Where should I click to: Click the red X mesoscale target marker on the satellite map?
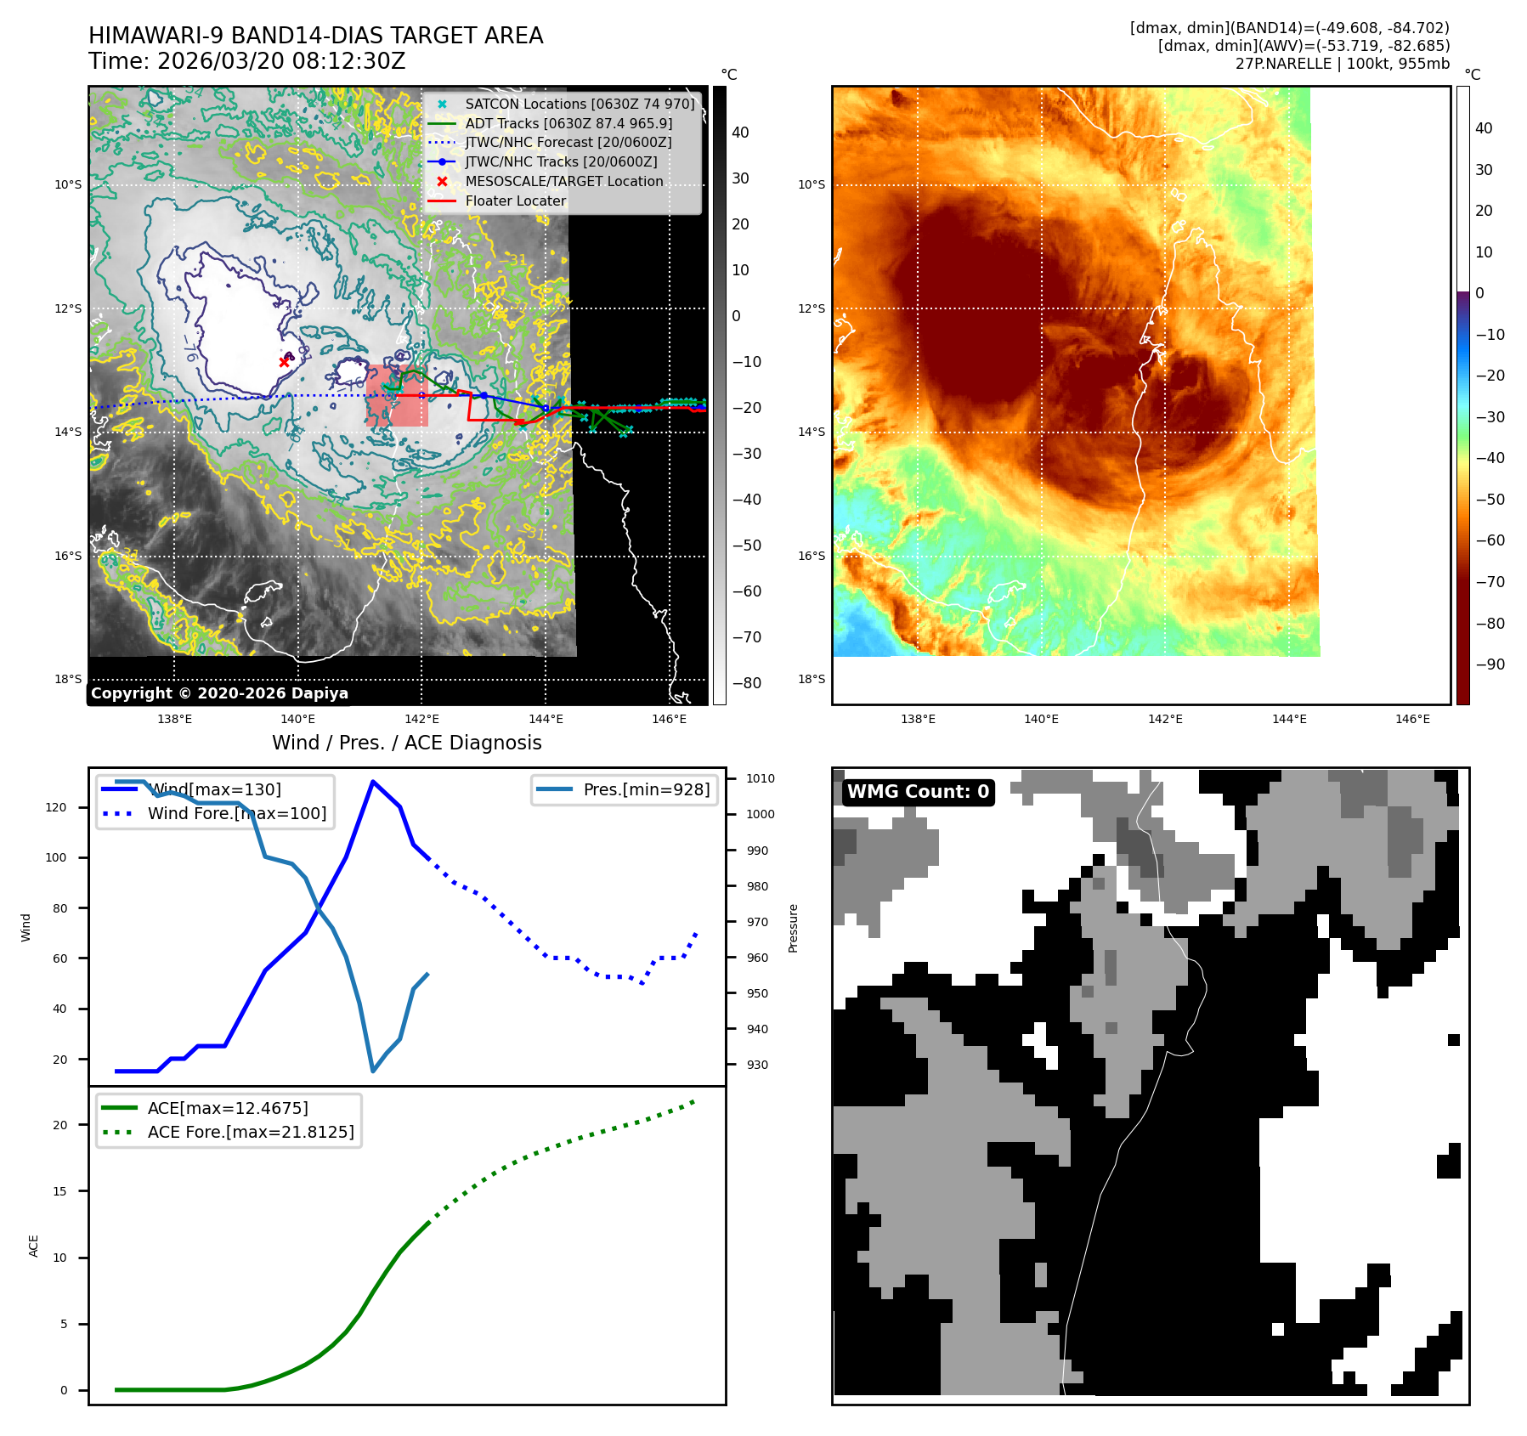pos(284,362)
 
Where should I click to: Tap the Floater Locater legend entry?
pos(515,201)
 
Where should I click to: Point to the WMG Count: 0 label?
pos(918,792)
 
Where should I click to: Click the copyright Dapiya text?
pos(219,693)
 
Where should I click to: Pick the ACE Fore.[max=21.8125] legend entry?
pos(250,1132)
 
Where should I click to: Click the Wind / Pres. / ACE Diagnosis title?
pos(406,743)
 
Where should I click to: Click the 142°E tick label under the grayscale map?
pos(421,719)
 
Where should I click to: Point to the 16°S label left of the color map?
pos(811,556)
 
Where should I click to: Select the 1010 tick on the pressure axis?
pos(760,778)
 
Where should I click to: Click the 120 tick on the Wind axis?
pos(56,807)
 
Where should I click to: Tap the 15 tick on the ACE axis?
pos(59,1191)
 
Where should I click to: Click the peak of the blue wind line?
pos(372,781)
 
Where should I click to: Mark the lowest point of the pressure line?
pos(373,1071)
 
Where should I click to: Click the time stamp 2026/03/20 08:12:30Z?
pos(280,61)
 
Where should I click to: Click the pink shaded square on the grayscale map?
pos(397,396)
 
